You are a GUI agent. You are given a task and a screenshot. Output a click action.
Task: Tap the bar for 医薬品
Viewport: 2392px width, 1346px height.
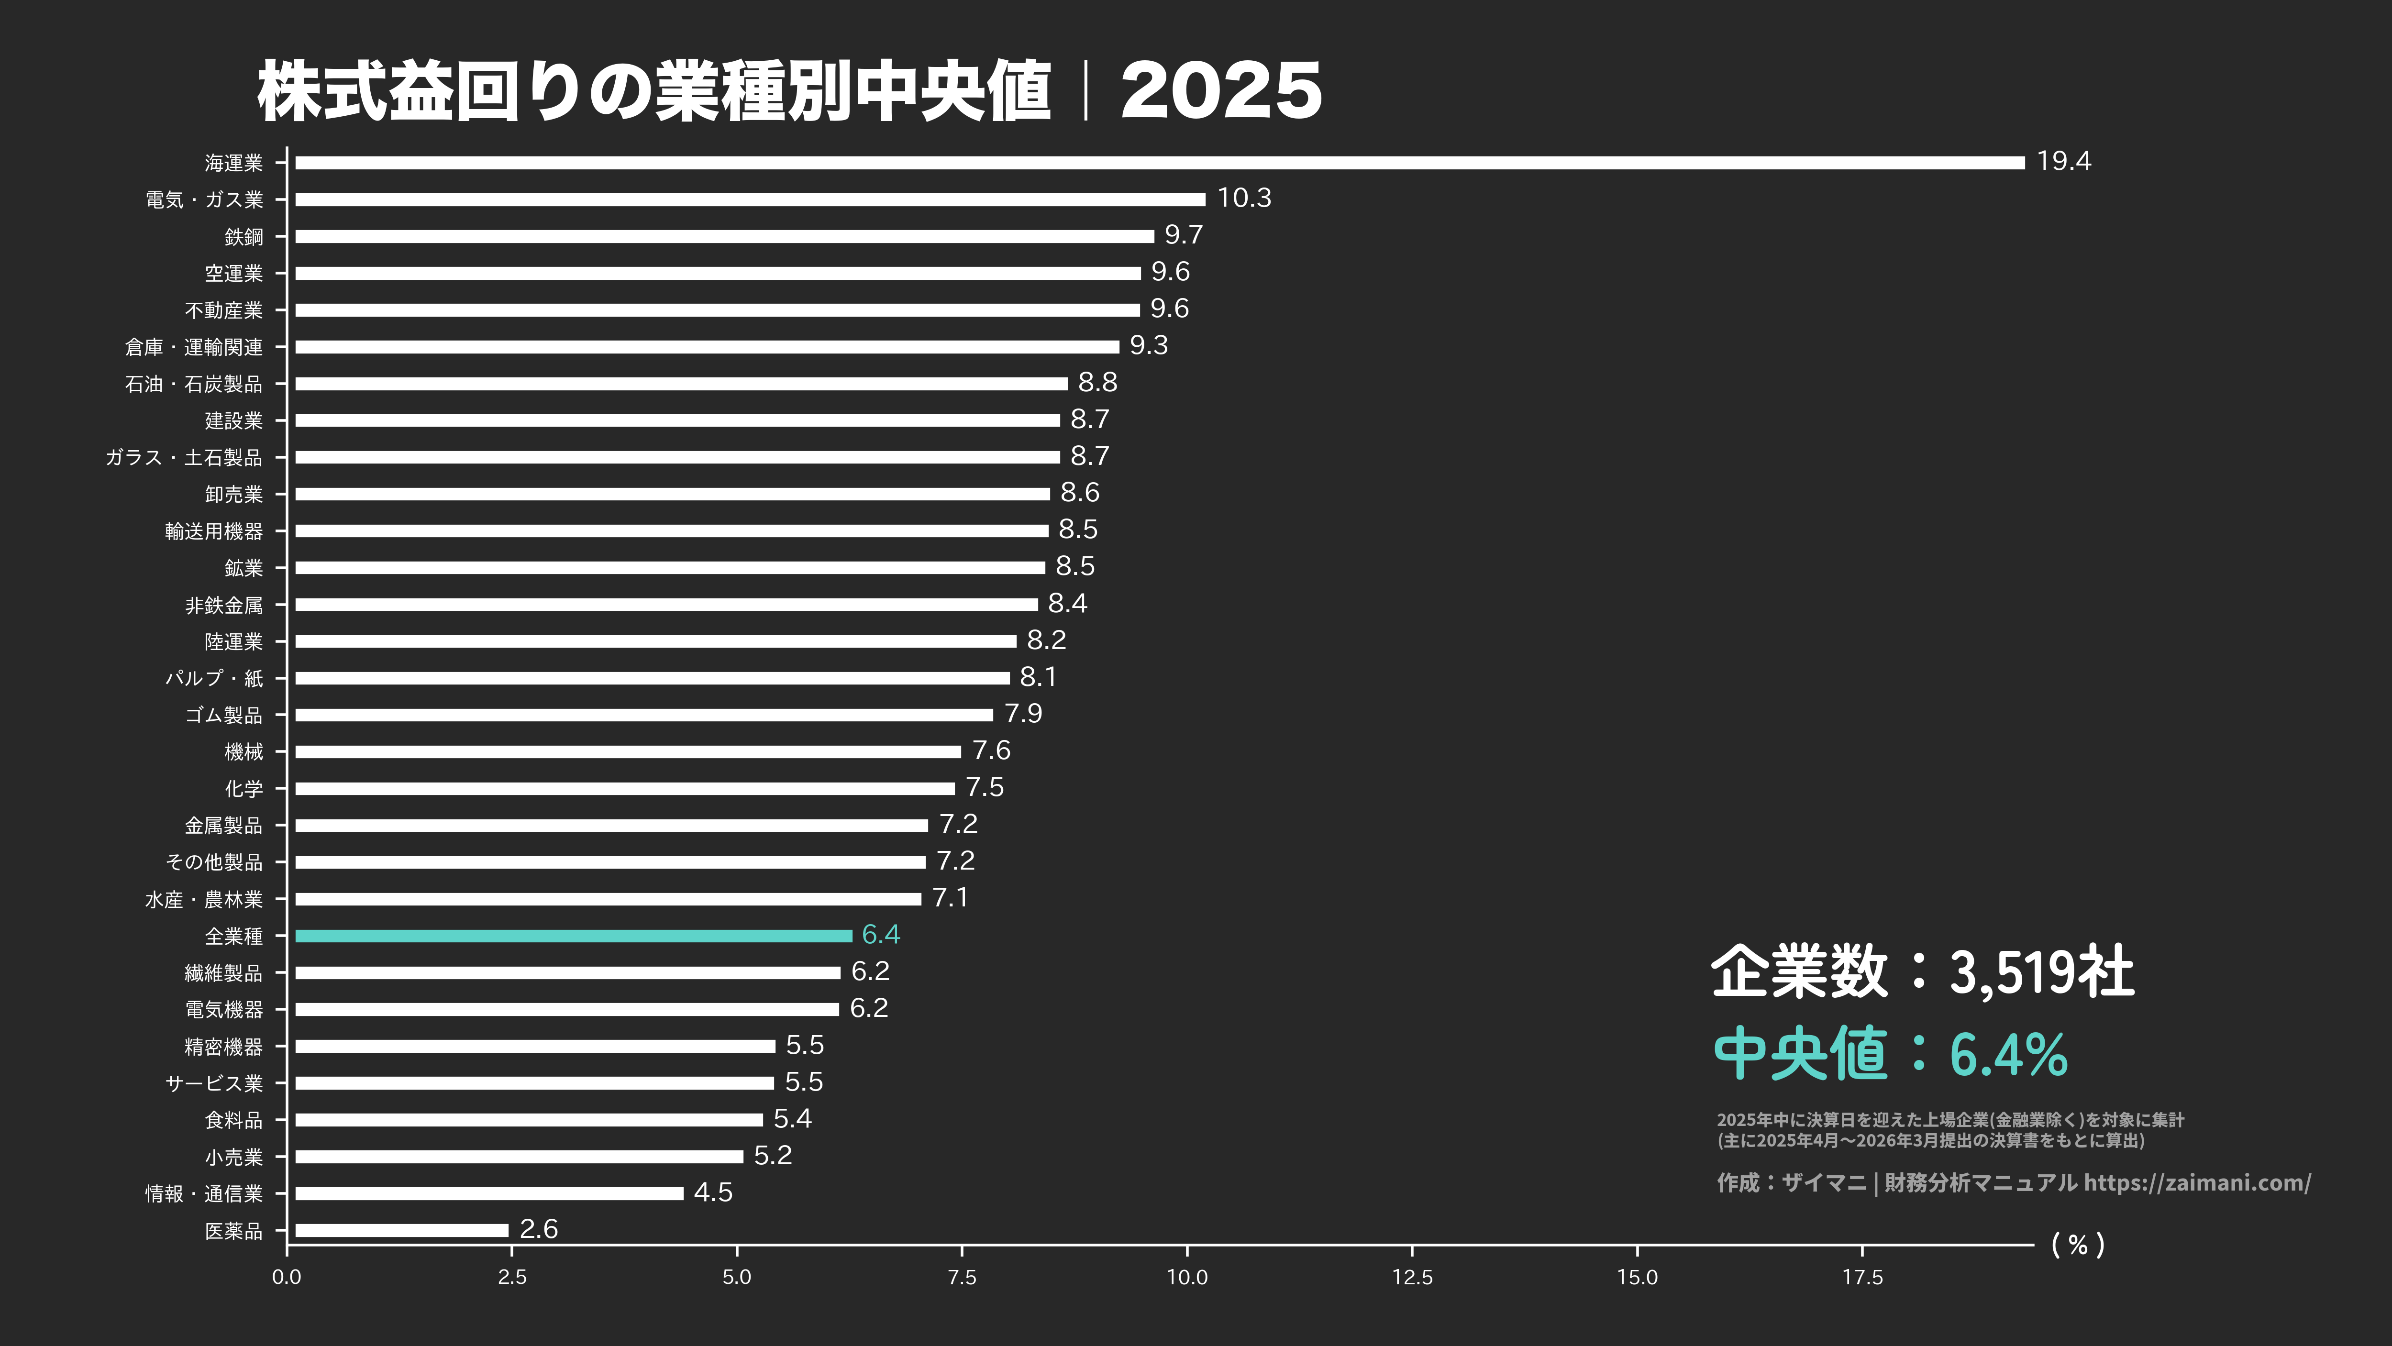pyautogui.click(x=401, y=1230)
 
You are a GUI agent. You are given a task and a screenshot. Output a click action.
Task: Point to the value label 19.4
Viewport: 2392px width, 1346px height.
pyautogui.click(x=2063, y=162)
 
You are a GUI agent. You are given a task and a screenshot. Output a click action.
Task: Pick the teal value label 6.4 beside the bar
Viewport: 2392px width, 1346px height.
pyautogui.click(x=880, y=935)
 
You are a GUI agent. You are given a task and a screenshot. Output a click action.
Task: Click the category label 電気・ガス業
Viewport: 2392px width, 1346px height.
pyautogui.click(x=204, y=199)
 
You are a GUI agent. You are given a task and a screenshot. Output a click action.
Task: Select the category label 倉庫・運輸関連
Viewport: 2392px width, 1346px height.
pyautogui.click(x=194, y=347)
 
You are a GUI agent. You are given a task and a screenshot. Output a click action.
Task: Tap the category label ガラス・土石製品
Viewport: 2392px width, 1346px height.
pyautogui.click(x=184, y=458)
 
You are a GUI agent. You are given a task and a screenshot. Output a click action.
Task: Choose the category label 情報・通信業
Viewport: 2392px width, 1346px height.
pyautogui.click(x=204, y=1194)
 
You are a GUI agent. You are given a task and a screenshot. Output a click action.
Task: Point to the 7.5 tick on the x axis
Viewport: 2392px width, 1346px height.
pyautogui.click(x=962, y=1277)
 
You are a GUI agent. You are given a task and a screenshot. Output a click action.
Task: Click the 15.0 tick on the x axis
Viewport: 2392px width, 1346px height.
pyautogui.click(x=1637, y=1277)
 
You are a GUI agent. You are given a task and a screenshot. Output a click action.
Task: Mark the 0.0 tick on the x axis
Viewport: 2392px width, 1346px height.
pyautogui.click(x=287, y=1277)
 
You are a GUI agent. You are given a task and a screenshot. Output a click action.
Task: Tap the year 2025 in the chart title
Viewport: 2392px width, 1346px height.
pyautogui.click(x=1221, y=91)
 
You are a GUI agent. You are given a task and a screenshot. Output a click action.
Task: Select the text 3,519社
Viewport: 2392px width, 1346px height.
pyautogui.click(x=2041, y=972)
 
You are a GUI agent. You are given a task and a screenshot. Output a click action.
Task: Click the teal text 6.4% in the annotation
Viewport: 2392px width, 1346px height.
pyautogui.click(x=2007, y=1055)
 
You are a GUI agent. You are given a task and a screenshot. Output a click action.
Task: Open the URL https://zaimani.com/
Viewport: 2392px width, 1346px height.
pyautogui.click(x=2197, y=1182)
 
